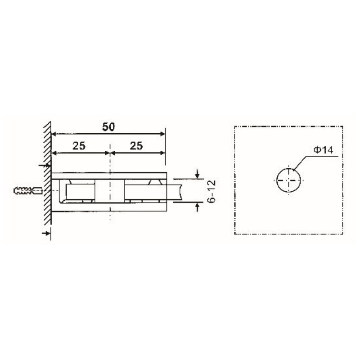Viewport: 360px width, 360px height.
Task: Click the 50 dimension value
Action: coord(108,126)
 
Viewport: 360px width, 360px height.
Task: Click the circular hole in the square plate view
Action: coord(289,180)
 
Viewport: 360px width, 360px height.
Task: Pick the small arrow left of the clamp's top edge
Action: coord(44,166)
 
